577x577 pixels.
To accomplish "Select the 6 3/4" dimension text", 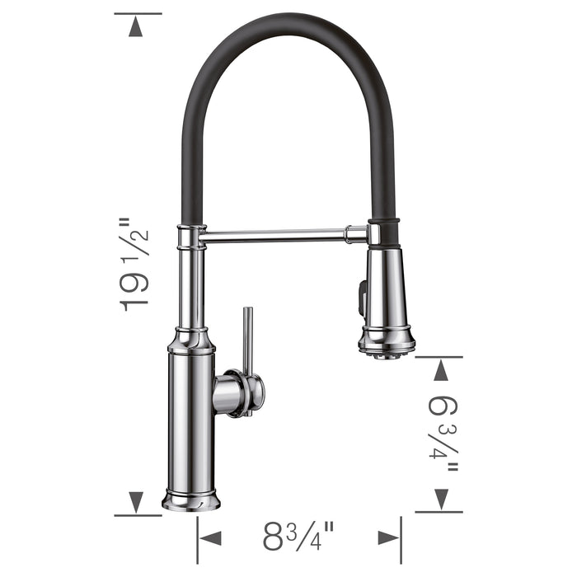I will coord(446,434).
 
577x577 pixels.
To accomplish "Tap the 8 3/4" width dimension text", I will coord(298,538).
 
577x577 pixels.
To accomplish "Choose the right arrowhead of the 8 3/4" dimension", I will coord(388,538).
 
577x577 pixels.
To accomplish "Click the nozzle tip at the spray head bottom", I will coord(386,352).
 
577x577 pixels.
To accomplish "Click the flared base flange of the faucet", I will coord(190,500).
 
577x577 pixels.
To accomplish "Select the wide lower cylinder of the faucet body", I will coord(190,420).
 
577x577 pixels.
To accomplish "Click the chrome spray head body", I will coord(385,288).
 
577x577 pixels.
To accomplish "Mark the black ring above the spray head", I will coord(384,223).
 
